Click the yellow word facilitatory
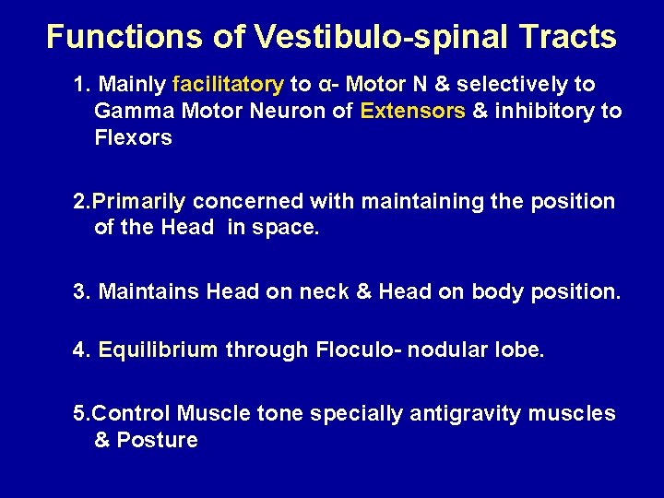coord(227,85)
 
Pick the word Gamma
coord(125,112)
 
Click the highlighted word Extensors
coord(413,112)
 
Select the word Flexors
coord(133,138)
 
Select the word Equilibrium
coord(158,350)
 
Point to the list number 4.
coord(81,350)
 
